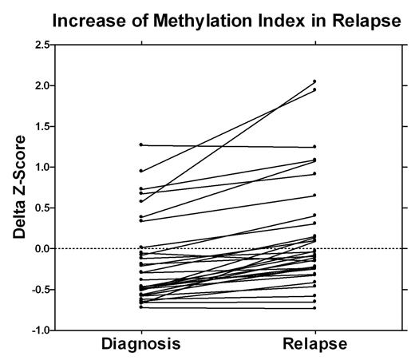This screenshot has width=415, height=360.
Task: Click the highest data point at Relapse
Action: pyautogui.click(x=314, y=81)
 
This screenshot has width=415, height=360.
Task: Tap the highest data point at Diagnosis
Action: pyautogui.click(x=141, y=144)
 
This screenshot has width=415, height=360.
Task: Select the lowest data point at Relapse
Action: pyautogui.click(x=314, y=307)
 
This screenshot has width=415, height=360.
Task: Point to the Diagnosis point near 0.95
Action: pyautogui.click(x=141, y=171)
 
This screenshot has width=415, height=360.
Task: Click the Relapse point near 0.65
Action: pyautogui.click(x=314, y=195)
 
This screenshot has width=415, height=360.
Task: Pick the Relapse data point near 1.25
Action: pyautogui.click(x=314, y=147)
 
